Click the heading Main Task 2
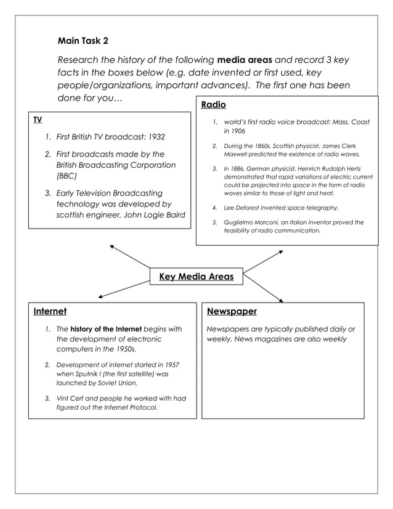tap(83, 41)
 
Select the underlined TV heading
tap(38, 119)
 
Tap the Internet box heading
tap(50, 311)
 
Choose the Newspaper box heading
tap(232, 311)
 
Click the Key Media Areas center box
tap(196, 277)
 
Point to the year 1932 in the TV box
tap(155, 137)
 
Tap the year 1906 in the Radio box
tap(238, 132)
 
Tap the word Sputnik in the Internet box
tap(84, 373)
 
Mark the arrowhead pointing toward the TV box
tap(112, 246)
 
